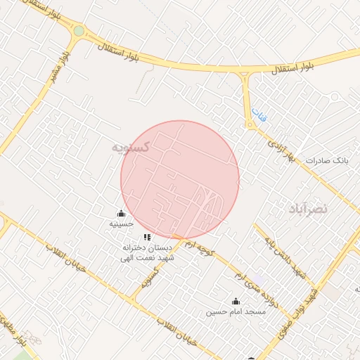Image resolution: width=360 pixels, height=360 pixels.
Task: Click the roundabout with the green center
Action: point(78,31)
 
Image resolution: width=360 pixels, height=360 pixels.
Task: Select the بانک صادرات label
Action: point(327,161)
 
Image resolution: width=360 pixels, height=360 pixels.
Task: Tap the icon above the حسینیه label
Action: point(121,214)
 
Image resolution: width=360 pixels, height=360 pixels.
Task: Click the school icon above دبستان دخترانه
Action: point(147,238)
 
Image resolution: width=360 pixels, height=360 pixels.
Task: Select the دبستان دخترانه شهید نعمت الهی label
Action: point(148,253)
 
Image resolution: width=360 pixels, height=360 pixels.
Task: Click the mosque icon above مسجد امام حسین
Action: point(236,301)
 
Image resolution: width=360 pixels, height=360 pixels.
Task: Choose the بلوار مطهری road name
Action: point(20,337)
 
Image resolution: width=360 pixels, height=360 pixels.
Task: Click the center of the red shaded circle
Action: point(180,179)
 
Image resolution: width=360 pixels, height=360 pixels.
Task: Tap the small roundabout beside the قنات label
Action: point(250,126)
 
